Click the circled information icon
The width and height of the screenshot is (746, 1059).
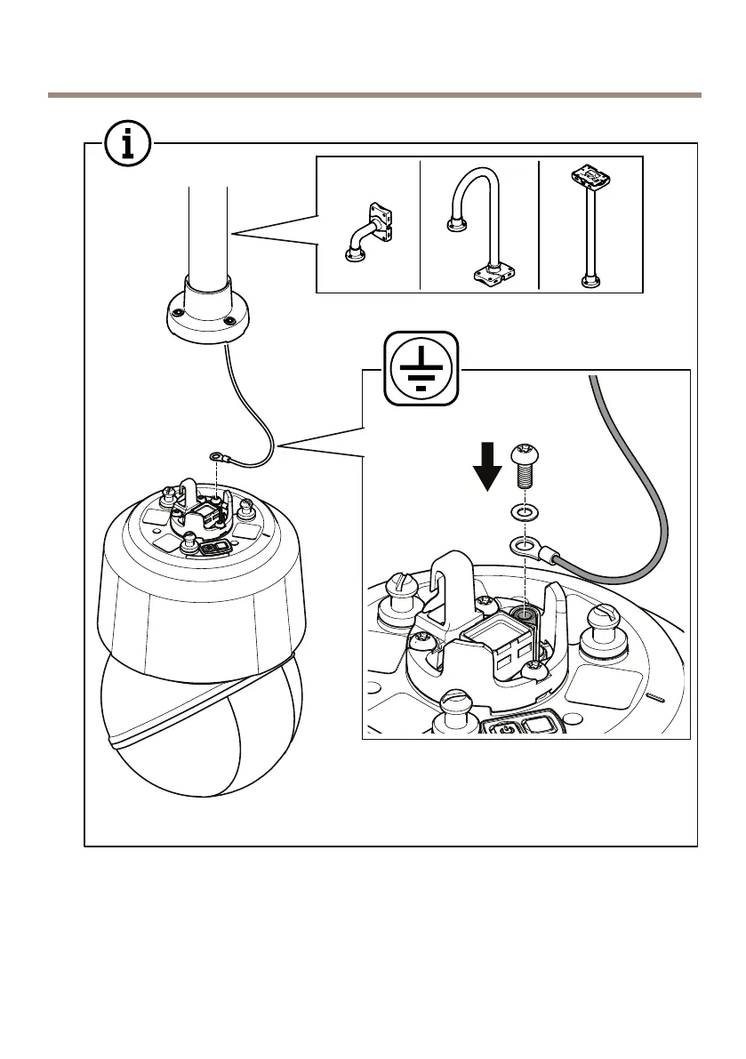pos(127,142)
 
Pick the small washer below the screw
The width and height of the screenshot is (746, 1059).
pos(523,512)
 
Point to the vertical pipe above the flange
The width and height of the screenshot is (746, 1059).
pos(208,231)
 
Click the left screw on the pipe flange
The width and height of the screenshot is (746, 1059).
pos(177,314)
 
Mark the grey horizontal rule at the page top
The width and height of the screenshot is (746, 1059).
pos(373,94)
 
